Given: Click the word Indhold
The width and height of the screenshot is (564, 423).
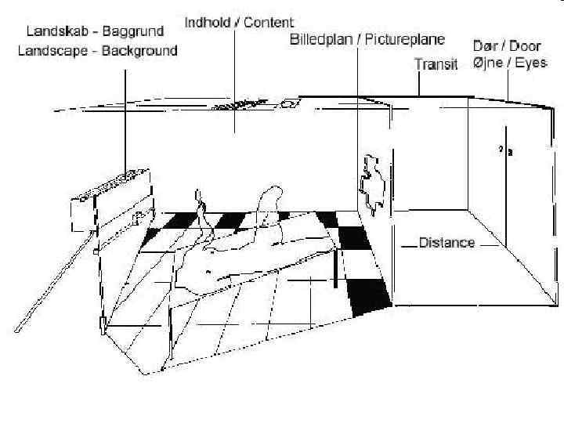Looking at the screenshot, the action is click(208, 23).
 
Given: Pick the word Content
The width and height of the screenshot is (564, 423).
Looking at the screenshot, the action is click(269, 23).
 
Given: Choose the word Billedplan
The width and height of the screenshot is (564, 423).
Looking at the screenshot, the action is click(323, 39).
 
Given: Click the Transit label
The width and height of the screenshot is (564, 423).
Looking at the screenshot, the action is click(436, 66).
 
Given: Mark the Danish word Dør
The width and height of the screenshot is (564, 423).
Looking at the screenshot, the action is click(484, 45).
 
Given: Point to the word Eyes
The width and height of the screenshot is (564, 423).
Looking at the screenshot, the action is click(530, 63).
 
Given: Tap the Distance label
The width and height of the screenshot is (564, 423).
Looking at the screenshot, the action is click(446, 243).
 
